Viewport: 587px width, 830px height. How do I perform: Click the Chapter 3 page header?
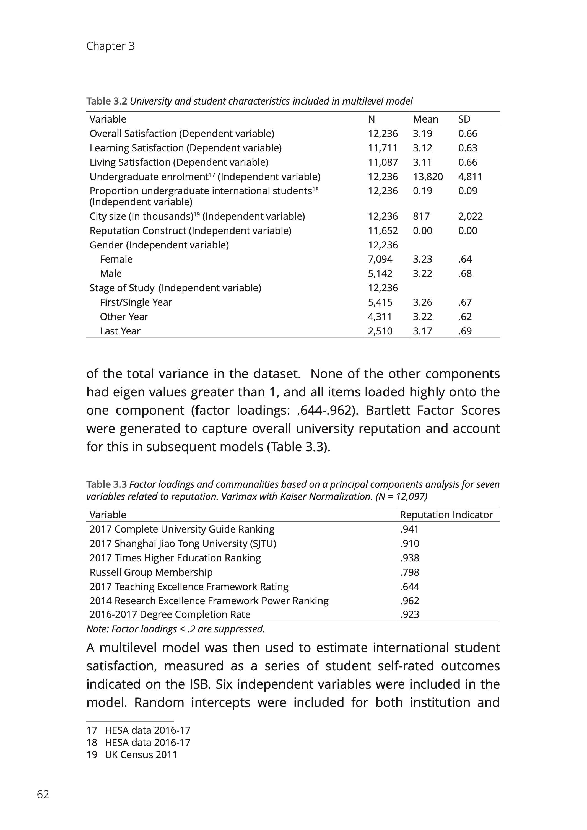click(110, 46)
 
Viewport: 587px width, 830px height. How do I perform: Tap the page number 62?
click(43, 794)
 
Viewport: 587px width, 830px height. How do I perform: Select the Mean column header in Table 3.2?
click(425, 119)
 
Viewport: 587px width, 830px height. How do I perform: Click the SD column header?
click(464, 119)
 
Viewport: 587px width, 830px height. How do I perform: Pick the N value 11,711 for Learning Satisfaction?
click(382, 148)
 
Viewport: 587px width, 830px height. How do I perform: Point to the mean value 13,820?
click(428, 177)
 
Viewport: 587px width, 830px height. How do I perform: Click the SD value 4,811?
click(470, 177)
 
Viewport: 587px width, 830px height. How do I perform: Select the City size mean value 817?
click(421, 216)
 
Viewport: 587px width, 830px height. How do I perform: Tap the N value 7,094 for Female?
click(380, 259)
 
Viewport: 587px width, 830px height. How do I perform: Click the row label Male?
click(111, 274)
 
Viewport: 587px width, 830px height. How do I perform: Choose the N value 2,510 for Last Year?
click(380, 331)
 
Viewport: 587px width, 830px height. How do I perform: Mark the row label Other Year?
click(124, 317)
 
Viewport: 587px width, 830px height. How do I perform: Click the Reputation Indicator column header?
click(446, 515)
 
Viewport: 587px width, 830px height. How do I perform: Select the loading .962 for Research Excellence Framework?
click(409, 601)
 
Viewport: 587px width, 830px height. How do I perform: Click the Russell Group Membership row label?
click(151, 572)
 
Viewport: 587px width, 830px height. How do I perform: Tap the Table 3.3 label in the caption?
click(107, 484)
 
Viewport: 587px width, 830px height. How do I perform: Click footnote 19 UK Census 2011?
click(132, 754)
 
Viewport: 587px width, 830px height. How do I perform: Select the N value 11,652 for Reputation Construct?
click(382, 231)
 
